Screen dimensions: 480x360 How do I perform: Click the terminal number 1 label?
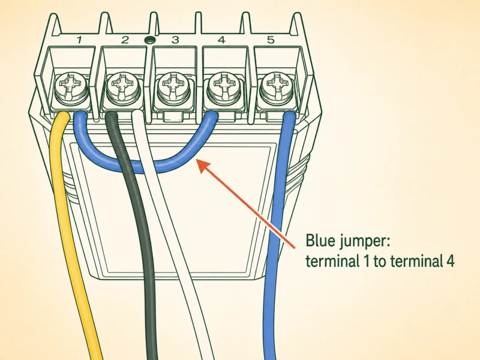tap(79, 40)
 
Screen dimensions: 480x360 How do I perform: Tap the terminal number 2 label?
tap(125, 40)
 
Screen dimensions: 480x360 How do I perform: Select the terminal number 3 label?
tap(175, 40)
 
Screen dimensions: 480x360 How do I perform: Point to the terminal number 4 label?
tap(221, 40)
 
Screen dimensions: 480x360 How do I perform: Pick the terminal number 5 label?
tap(271, 40)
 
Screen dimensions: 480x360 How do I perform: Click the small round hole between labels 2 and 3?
tap(150, 40)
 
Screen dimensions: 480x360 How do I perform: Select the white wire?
tap(178, 233)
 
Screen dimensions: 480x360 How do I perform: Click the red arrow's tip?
tap(196, 159)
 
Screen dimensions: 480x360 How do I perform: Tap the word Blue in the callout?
tap(321, 241)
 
